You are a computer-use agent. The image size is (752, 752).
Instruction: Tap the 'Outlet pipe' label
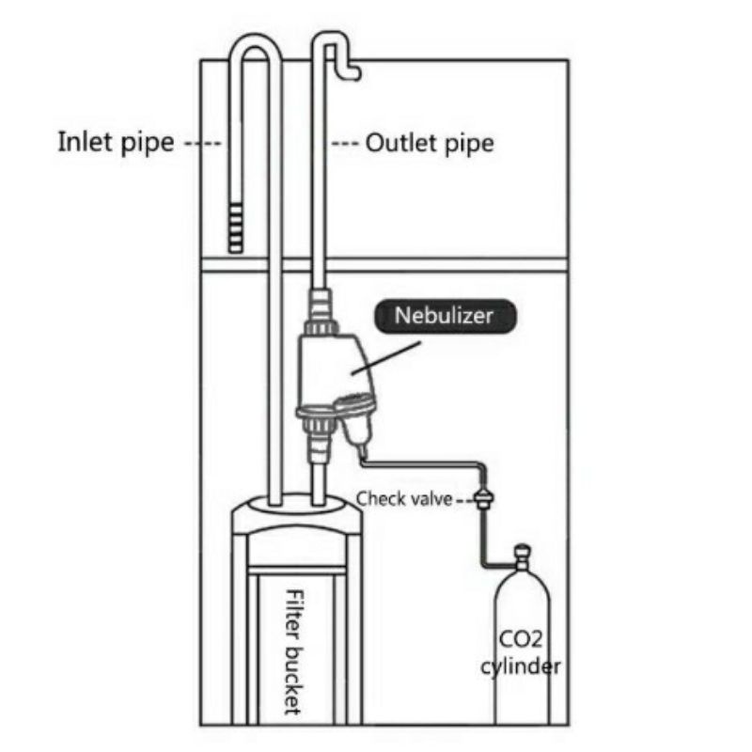(x=430, y=144)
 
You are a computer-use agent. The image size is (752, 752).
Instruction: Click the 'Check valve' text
(x=405, y=499)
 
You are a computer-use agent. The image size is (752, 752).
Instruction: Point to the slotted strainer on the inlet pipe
(x=236, y=227)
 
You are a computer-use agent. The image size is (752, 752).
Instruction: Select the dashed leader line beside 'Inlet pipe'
(x=202, y=144)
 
